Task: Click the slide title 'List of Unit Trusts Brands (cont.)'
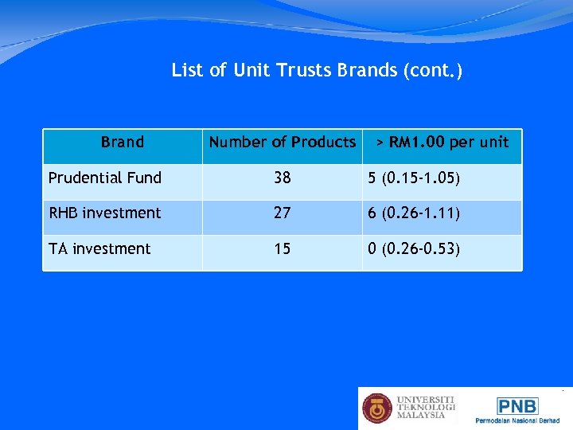[x=317, y=71]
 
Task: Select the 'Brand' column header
[x=123, y=143]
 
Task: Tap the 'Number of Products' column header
[x=282, y=143]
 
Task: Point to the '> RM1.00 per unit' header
[x=442, y=143]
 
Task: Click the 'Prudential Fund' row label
[x=105, y=178]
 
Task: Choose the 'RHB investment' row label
[x=105, y=213]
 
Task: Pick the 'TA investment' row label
[x=99, y=248]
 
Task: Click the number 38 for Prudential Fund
[x=283, y=178]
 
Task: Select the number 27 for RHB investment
[x=283, y=213]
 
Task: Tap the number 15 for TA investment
[x=283, y=248]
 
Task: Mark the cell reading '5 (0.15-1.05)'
[x=414, y=178]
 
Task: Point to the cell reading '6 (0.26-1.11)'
[x=414, y=213]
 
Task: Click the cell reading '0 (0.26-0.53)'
[x=414, y=248]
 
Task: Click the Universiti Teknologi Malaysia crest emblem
[x=378, y=408]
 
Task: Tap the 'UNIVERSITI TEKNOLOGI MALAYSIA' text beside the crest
[x=426, y=407]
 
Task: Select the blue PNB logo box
[x=517, y=406]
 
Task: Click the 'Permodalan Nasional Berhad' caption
[x=517, y=420]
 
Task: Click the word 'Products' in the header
[x=323, y=143]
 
